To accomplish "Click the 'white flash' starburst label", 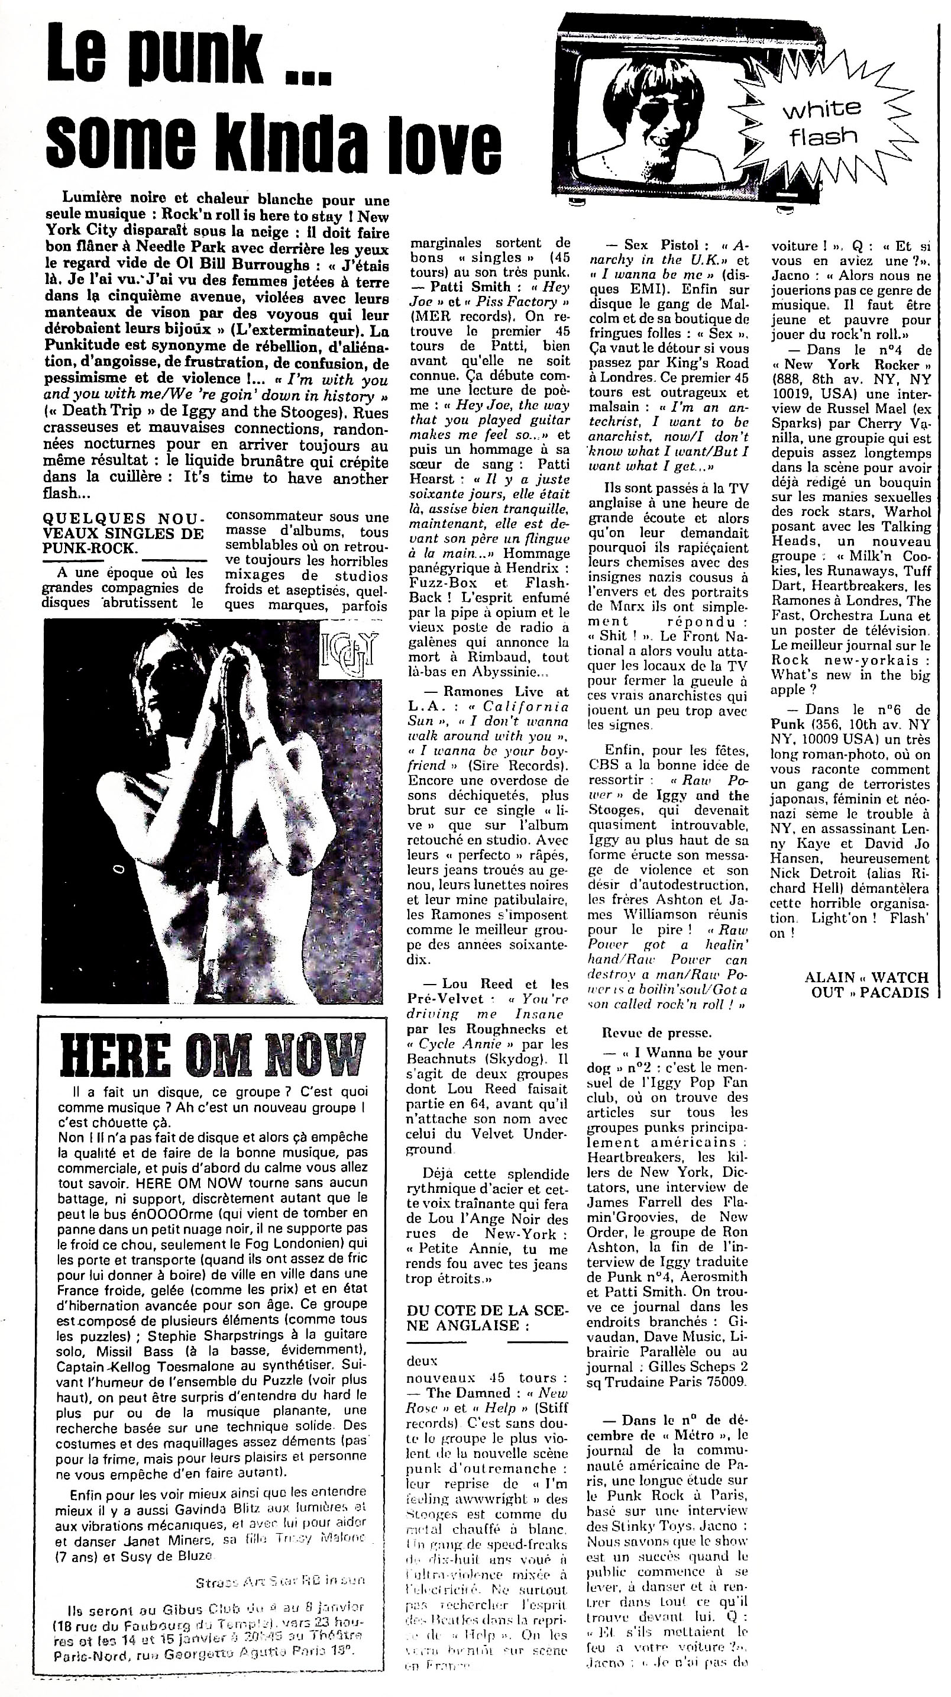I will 823,122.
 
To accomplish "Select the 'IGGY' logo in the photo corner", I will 347,652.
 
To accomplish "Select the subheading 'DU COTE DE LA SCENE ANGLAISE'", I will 486,1318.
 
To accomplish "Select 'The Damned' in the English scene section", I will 468,1393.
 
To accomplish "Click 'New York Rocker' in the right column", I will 852,364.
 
